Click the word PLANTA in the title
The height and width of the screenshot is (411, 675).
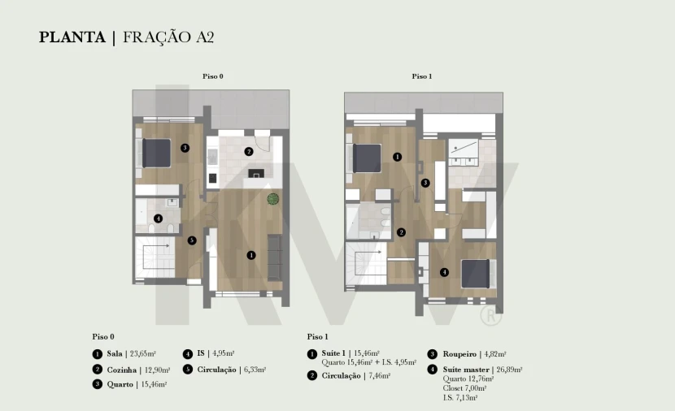click(72, 37)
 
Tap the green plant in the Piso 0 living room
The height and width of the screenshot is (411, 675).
click(273, 199)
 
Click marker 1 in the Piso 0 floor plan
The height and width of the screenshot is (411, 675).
click(251, 255)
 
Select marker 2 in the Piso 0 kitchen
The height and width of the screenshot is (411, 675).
click(248, 151)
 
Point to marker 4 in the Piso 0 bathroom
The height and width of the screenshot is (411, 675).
click(158, 218)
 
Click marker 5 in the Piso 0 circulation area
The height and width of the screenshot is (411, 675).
click(192, 240)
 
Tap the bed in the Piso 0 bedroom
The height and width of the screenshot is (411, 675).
click(157, 153)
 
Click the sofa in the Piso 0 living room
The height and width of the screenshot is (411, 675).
click(275, 258)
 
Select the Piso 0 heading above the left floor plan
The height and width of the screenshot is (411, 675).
click(213, 76)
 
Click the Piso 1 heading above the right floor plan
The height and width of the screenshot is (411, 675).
click(422, 76)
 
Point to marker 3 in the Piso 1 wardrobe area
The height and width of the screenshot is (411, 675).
click(425, 183)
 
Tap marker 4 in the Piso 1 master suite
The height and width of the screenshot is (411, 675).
click(444, 272)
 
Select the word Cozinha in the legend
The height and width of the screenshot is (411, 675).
click(122, 370)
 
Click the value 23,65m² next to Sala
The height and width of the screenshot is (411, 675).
click(143, 354)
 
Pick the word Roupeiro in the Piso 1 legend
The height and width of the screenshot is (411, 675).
click(459, 354)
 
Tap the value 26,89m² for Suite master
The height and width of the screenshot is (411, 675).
click(509, 370)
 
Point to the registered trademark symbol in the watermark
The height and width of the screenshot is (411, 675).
click(490, 315)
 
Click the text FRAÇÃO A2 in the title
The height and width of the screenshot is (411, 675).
click(168, 37)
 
